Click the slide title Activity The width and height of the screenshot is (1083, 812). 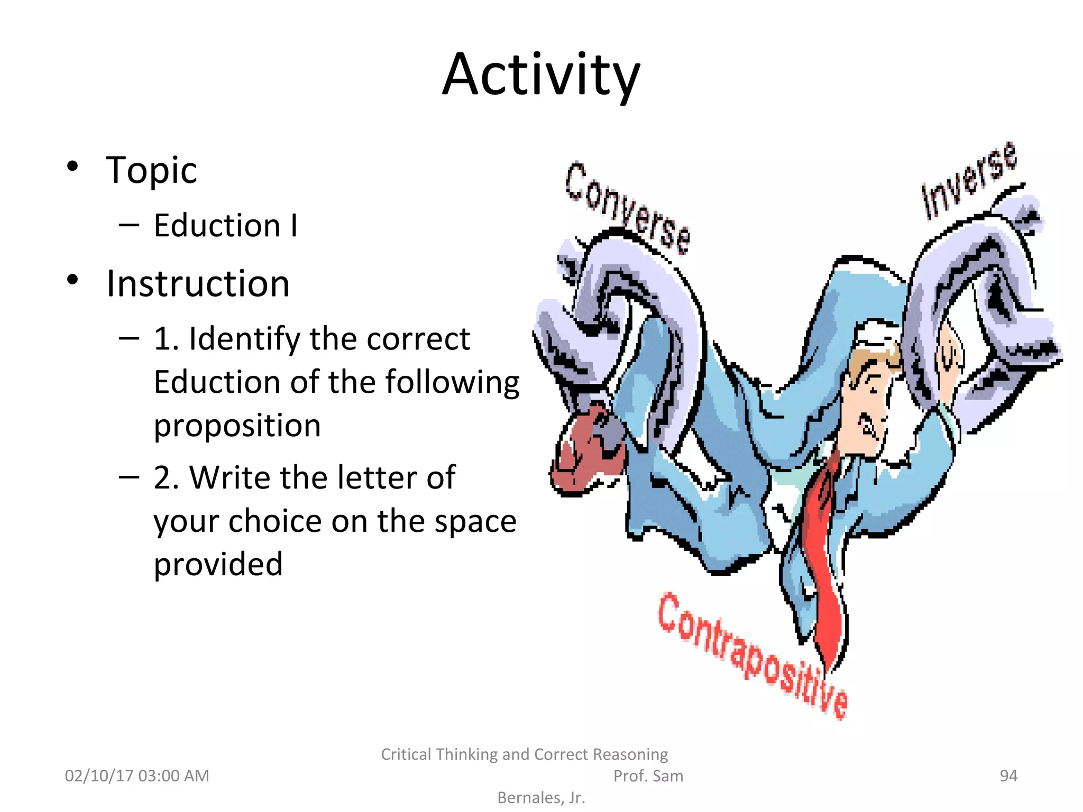click(541, 75)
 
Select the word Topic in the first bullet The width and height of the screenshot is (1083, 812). click(151, 170)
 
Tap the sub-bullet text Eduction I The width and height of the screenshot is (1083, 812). click(226, 226)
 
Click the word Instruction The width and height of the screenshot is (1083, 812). click(198, 284)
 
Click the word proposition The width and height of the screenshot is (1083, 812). click(237, 426)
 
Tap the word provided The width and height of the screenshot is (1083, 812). click(218, 564)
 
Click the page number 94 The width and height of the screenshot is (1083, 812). click(1008, 776)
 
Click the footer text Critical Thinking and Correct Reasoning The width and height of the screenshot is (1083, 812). click(524, 754)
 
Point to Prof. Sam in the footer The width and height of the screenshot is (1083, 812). click(648, 776)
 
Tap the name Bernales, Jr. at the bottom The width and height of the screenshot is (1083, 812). click(541, 798)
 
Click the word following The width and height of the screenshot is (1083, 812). click(453, 382)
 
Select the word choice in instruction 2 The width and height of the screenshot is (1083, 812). click(275, 521)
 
